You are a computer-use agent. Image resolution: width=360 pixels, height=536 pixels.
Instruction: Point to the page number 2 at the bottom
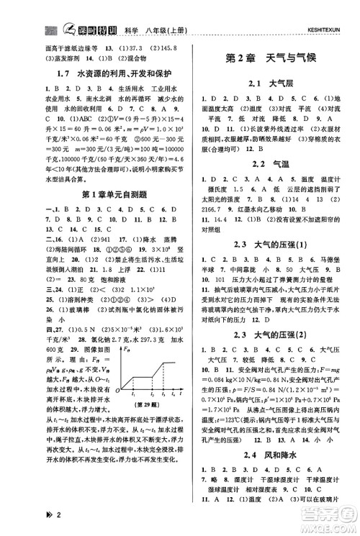tap(24, 521)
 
